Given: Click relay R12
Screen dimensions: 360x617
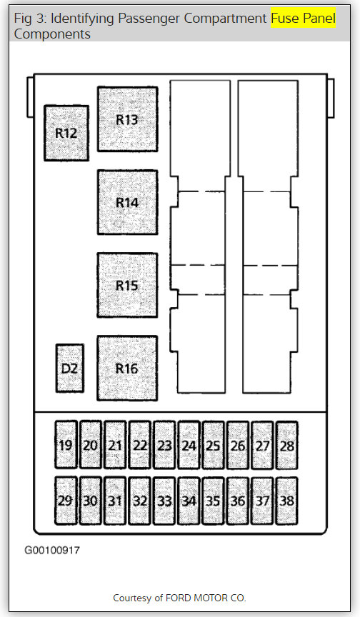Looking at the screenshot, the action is (66, 133).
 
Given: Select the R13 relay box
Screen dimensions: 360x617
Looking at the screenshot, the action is (127, 119).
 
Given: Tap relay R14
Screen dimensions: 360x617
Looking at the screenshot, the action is (127, 202).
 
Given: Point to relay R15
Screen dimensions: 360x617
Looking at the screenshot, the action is (127, 285).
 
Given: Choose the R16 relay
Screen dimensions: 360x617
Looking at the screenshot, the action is (127, 368).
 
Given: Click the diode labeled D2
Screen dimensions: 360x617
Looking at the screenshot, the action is (69, 368).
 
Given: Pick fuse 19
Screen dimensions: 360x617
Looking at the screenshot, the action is (66, 445).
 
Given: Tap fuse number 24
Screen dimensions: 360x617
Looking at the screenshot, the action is (189, 445).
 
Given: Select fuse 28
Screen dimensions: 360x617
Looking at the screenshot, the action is (287, 445).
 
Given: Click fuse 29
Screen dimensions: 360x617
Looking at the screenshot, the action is (66, 501).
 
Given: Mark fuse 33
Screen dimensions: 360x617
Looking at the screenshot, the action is (164, 501).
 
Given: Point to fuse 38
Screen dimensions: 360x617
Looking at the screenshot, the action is (287, 501).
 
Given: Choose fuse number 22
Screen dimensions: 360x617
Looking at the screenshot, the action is (140, 445).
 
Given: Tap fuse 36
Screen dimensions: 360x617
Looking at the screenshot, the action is (238, 501).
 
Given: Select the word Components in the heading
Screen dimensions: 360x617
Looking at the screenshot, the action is (52, 34).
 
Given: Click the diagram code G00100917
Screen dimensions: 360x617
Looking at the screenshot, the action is (52, 550).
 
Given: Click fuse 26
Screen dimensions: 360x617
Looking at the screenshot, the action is (238, 445).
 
